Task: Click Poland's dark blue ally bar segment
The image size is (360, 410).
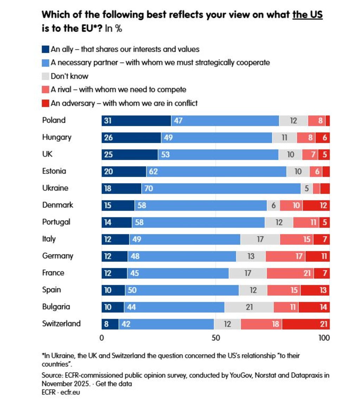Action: [x=136, y=121]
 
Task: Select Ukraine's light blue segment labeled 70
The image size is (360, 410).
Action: [x=221, y=188]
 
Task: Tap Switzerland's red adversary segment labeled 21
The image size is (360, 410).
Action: [x=306, y=323]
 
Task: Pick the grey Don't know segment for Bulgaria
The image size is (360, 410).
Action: [x=249, y=307]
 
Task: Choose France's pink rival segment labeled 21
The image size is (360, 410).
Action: [x=290, y=273]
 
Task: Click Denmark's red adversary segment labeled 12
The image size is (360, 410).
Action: [x=316, y=205]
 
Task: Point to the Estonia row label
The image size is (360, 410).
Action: [x=54, y=171]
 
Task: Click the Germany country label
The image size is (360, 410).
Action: [x=58, y=256]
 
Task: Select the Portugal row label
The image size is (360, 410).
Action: [x=56, y=222]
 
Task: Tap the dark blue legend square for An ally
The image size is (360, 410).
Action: [x=45, y=49]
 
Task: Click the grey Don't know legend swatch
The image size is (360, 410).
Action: [x=45, y=76]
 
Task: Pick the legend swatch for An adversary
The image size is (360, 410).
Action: [x=45, y=103]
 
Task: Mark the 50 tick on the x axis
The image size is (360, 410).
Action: [x=216, y=338]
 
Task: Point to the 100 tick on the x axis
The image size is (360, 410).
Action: [x=324, y=338]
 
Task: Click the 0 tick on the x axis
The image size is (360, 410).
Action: [x=102, y=338]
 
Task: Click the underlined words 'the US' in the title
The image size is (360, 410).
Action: [x=308, y=15]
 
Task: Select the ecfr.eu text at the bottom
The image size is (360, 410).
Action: [x=70, y=392]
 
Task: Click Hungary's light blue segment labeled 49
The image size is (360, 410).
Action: [x=217, y=137]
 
